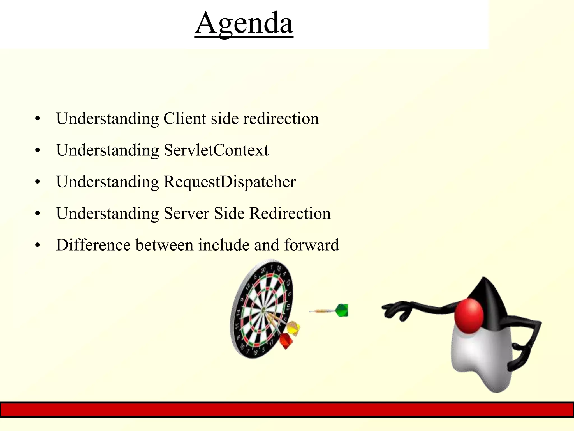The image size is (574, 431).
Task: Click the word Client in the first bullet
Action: tap(185, 118)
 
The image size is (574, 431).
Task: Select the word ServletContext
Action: tap(216, 150)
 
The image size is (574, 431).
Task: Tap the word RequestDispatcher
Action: tap(230, 182)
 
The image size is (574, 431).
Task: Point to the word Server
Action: tap(186, 213)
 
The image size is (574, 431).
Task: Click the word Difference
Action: tap(93, 245)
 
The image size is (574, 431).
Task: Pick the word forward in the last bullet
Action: tap(311, 245)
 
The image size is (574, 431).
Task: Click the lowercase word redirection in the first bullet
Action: tap(281, 118)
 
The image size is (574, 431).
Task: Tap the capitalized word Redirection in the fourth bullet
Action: tap(290, 213)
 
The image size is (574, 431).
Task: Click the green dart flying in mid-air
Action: tap(341, 310)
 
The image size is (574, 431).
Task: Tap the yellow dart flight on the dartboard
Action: tap(293, 328)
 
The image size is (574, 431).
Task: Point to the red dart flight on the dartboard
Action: tap(286, 340)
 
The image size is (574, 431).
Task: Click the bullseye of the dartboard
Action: tap(263, 310)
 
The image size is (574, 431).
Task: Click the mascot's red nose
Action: tap(469, 316)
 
